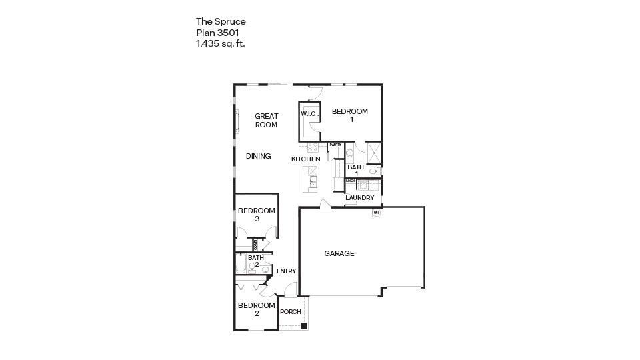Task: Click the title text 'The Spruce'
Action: (x=221, y=21)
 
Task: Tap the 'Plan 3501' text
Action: (x=217, y=32)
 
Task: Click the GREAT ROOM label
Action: (x=266, y=120)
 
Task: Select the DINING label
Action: (x=258, y=156)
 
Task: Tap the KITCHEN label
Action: (x=306, y=159)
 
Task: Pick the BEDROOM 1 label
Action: (x=350, y=115)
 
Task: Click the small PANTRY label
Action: (x=335, y=145)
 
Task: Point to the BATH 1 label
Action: (x=356, y=170)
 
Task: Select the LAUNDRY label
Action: (x=359, y=198)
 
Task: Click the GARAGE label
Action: (x=339, y=253)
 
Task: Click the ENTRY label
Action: (x=286, y=271)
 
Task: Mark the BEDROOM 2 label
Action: (x=256, y=309)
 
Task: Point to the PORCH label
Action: (x=291, y=312)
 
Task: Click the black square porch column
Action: (x=304, y=326)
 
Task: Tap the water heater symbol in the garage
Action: (x=376, y=213)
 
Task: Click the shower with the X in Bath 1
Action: (x=373, y=153)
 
